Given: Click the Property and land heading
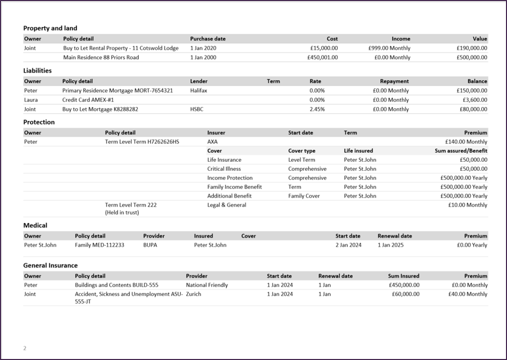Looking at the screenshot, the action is click(x=50, y=28).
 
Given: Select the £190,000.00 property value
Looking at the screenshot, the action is click(x=472, y=48).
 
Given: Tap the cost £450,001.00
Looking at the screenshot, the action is click(x=322, y=57).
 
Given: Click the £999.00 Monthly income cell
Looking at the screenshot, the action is click(x=389, y=48).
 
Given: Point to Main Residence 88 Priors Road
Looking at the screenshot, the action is click(x=101, y=57).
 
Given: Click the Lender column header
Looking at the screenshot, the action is click(x=199, y=81).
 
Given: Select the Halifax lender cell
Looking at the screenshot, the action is click(x=199, y=91).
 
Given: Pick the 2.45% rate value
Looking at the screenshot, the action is click(x=317, y=109).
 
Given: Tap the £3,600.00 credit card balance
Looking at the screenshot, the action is click(x=474, y=100).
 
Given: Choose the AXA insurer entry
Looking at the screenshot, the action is click(x=212, y=142).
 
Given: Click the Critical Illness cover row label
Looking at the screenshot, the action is click(x=224, y=169).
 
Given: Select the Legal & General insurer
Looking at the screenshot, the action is click(x=226, y=205).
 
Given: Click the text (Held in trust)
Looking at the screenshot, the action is click(x=122, y=212).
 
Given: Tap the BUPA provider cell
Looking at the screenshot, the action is click(x=150, y=245).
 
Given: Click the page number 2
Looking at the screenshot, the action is click(x=25, y=348).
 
